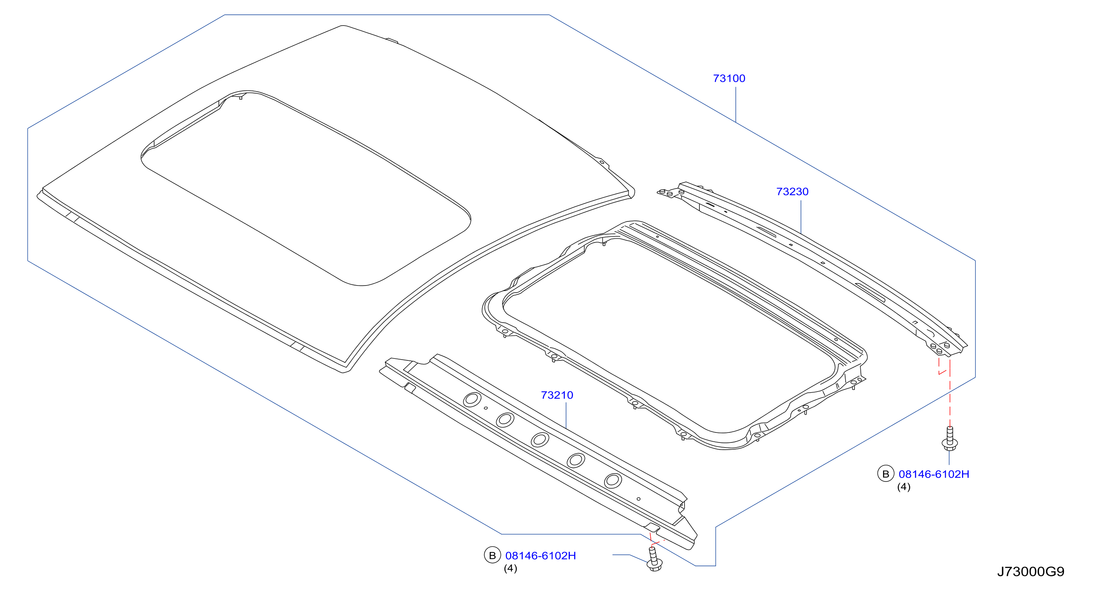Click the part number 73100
coord(729,78)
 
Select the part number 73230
coord(792,192)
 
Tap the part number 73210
coord(557,395)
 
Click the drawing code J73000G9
coord(1030,571)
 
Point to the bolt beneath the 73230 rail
coord(949,438)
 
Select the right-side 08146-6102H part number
coord(934,474)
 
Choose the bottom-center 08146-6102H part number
coord(541,556)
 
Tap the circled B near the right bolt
coord(885,474)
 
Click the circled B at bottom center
coord(493,555)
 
